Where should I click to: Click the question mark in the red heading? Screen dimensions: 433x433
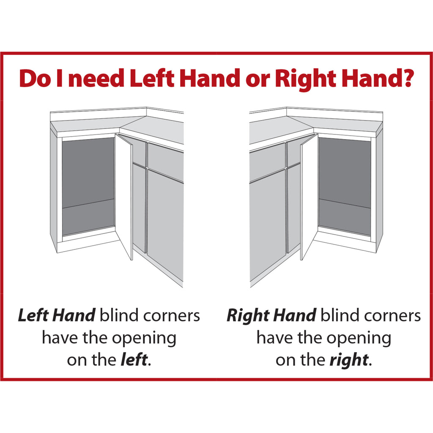(406, 78)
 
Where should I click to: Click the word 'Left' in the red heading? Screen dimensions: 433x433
(152, 78)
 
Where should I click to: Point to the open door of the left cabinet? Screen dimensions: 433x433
(124, 197)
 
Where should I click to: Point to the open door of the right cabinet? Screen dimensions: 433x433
(309, 197)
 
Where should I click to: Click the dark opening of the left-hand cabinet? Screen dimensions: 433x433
(88, 186)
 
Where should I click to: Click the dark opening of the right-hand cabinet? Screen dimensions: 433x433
(345, 186)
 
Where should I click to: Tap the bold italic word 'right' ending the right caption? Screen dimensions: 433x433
(349, 360)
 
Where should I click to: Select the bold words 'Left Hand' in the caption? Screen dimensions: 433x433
(57, 315)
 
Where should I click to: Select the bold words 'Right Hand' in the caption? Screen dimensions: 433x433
(271, 316)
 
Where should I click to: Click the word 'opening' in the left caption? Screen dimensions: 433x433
(144, 339)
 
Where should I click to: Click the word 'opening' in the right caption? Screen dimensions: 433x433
(359, 339)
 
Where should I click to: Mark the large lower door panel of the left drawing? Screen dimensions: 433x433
(165, 225)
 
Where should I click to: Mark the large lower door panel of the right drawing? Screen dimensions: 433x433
(267, 225)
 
